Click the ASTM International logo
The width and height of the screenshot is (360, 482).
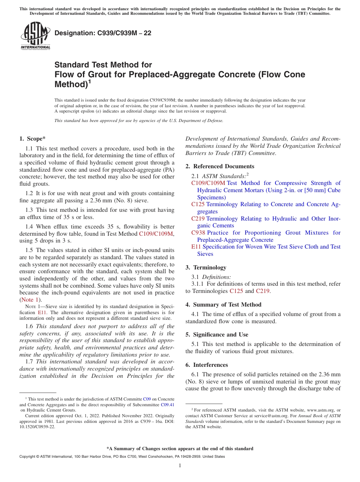pyautogui.click(x=35, y=36)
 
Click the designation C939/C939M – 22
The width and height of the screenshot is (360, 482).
pyautogui.click(x=103, y=33)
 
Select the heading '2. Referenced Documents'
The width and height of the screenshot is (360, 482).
pyautogui.click(x=220, y=166)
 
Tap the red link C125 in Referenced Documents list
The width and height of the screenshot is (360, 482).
pyautogui.click(x=198, y=204)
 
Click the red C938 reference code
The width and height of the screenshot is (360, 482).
pyautogui.click(x=198, y=233)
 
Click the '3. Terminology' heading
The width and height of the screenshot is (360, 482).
pyautogui.click(x=206, y=268)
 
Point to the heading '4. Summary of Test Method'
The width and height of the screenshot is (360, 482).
pyautogui.click(x=223, y=305)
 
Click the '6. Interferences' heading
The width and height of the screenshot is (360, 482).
pyautogui.click(x=207, y=365)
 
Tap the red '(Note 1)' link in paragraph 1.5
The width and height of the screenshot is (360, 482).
pyautogui.click(x=30, y=300)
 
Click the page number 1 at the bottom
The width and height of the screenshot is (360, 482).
pyautogui.click(x=180, y=465)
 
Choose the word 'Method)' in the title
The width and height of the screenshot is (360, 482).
pyautogui.click(x=71, y=84)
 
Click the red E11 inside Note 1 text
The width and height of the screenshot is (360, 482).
pyautogui.click(x=42, y=313)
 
